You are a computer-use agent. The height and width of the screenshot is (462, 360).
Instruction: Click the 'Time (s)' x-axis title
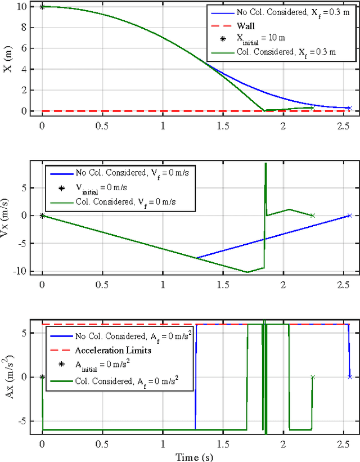194,456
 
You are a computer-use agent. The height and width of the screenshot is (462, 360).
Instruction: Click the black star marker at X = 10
42,7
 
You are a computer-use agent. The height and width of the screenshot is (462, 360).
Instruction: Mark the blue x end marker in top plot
349,107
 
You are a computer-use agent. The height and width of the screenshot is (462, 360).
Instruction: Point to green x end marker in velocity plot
313,215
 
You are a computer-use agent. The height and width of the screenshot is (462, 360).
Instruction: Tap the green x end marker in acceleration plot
313,377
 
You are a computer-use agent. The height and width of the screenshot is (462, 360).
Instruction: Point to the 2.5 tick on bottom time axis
343,444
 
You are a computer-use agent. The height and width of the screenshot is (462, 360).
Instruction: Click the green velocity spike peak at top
265,164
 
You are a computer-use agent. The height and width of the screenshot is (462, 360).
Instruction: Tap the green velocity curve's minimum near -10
247,272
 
